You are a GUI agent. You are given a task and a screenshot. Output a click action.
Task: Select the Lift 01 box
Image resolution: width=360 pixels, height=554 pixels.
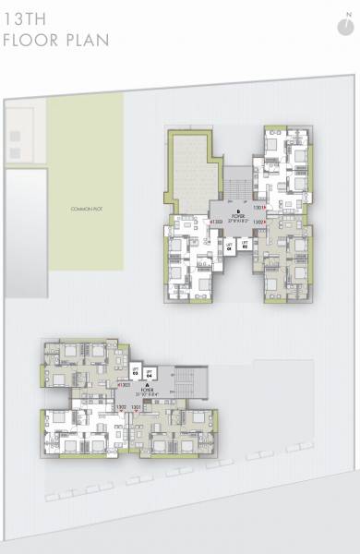click(x=231, y=246)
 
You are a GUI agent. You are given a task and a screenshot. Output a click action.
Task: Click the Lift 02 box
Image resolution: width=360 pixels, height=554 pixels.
click(x=245, y=246)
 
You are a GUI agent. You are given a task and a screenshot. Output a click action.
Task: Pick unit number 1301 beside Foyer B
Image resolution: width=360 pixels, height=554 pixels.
click(x=259, y=208)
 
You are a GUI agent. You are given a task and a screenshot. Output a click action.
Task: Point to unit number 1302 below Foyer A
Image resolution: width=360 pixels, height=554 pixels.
click(x=122, y=406)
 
